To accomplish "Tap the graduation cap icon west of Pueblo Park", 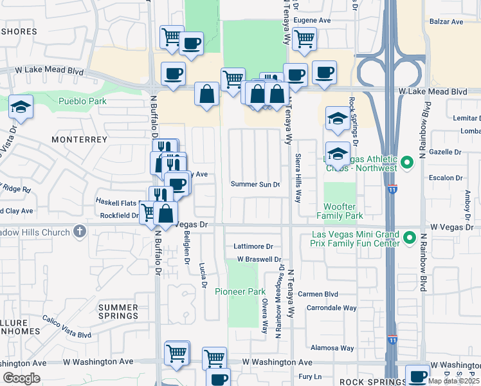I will point(21,106).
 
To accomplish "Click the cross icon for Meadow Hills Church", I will point(79,231).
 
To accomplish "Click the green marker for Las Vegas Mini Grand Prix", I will point(408,239).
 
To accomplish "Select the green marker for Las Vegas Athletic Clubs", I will point(406,163).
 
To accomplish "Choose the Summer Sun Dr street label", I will point(255,185).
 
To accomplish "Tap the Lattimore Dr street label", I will point(254,246).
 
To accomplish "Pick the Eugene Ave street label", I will point(311,21).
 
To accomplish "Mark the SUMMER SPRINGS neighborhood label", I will point(118,311).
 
